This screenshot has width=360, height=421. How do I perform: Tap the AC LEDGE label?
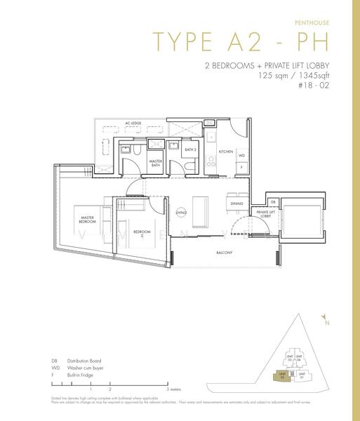click(x=133, y=123)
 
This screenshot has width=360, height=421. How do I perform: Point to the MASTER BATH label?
click(x=156, y=163)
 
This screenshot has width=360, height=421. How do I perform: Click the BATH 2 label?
click(x=189, y=149)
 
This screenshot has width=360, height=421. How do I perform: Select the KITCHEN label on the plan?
click(x=225, y=152)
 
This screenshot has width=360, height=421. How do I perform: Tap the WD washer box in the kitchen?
click(x=241, y=156)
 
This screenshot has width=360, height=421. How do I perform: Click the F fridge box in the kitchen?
click(x=241, y=168)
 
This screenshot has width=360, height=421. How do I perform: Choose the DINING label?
click(x=236, y=203)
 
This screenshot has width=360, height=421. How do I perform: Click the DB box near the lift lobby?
click(x=272, y=201)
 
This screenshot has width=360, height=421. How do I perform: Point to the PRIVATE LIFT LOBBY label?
click(x=265, y=214)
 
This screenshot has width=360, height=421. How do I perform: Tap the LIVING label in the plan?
click(x=180, y=212)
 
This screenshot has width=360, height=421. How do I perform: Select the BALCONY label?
click(x=224, y=253)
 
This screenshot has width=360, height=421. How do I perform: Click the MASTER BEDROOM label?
click(x=87, y=218)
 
